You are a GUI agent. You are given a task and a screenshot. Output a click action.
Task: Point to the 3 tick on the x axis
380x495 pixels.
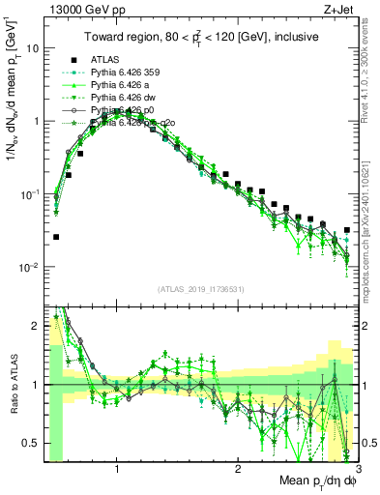tap(357, 470)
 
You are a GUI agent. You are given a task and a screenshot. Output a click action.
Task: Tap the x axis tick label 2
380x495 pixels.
tap(238, 470)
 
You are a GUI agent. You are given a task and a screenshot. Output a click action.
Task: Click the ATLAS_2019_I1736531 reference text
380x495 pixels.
tap(200, 289)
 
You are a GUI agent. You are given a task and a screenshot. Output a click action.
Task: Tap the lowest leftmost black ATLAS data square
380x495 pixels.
tap(56, 237)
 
